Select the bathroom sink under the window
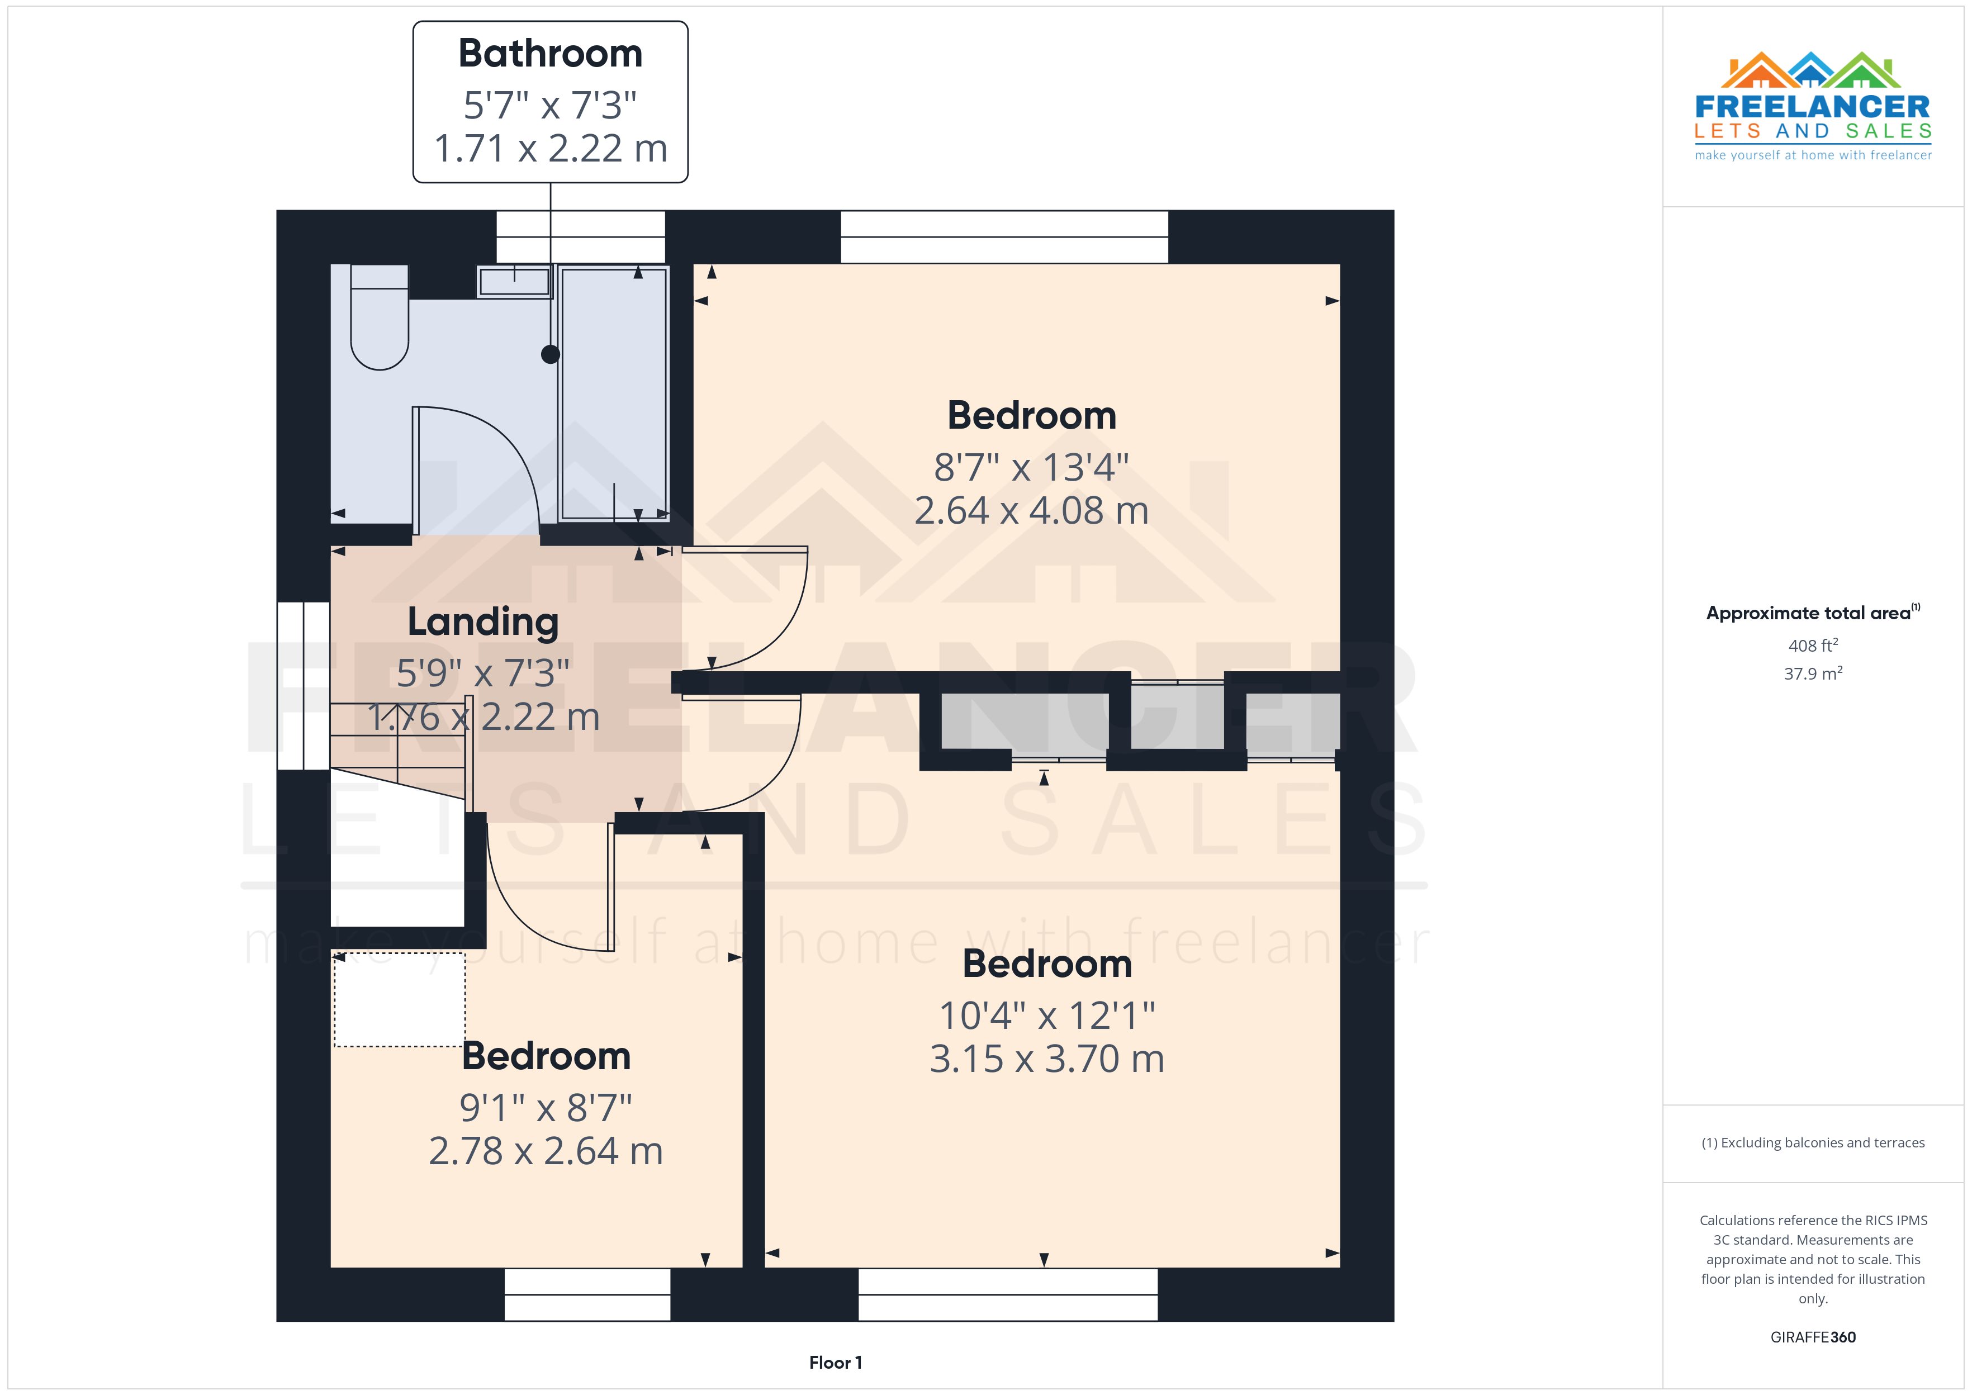[x=514, y=281]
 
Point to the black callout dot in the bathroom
[x=551, y=354]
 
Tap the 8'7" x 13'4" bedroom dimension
[x=1031, y=467]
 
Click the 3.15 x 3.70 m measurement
[x=1046, y=1059]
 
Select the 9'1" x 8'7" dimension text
[x=546, y=1108]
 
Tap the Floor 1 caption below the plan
[x=835, y=1363]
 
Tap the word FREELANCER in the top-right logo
[x=1812, y=107]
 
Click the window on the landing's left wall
[x=303, y=685]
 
